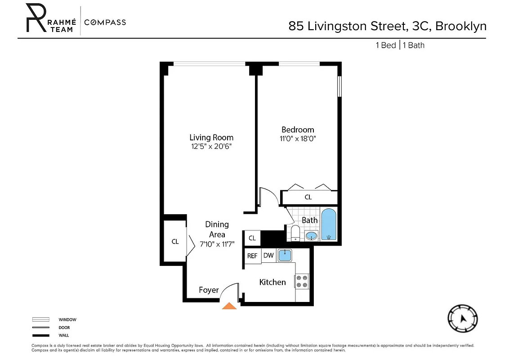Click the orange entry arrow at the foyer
click(230, 306)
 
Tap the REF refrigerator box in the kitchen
click(252, 256)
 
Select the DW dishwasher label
click(268, 256)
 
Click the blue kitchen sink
click(285, 256)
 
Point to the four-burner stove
click(302, 281)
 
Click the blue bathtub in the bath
click(329, 225)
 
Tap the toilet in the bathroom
click(295, 233)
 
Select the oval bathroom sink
click(311, 235)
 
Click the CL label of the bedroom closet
click(308, 197)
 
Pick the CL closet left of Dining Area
click(175, 242)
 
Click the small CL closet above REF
click(252, 238)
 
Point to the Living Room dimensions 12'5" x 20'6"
click(211, 147)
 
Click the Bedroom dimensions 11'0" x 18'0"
click(298, 139)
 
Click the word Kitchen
click(272, 282)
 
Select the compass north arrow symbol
click(463, 319)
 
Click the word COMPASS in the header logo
click(105, 22)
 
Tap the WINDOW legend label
click(67, 319)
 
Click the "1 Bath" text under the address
click(414, 45)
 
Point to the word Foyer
click(209, 290)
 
